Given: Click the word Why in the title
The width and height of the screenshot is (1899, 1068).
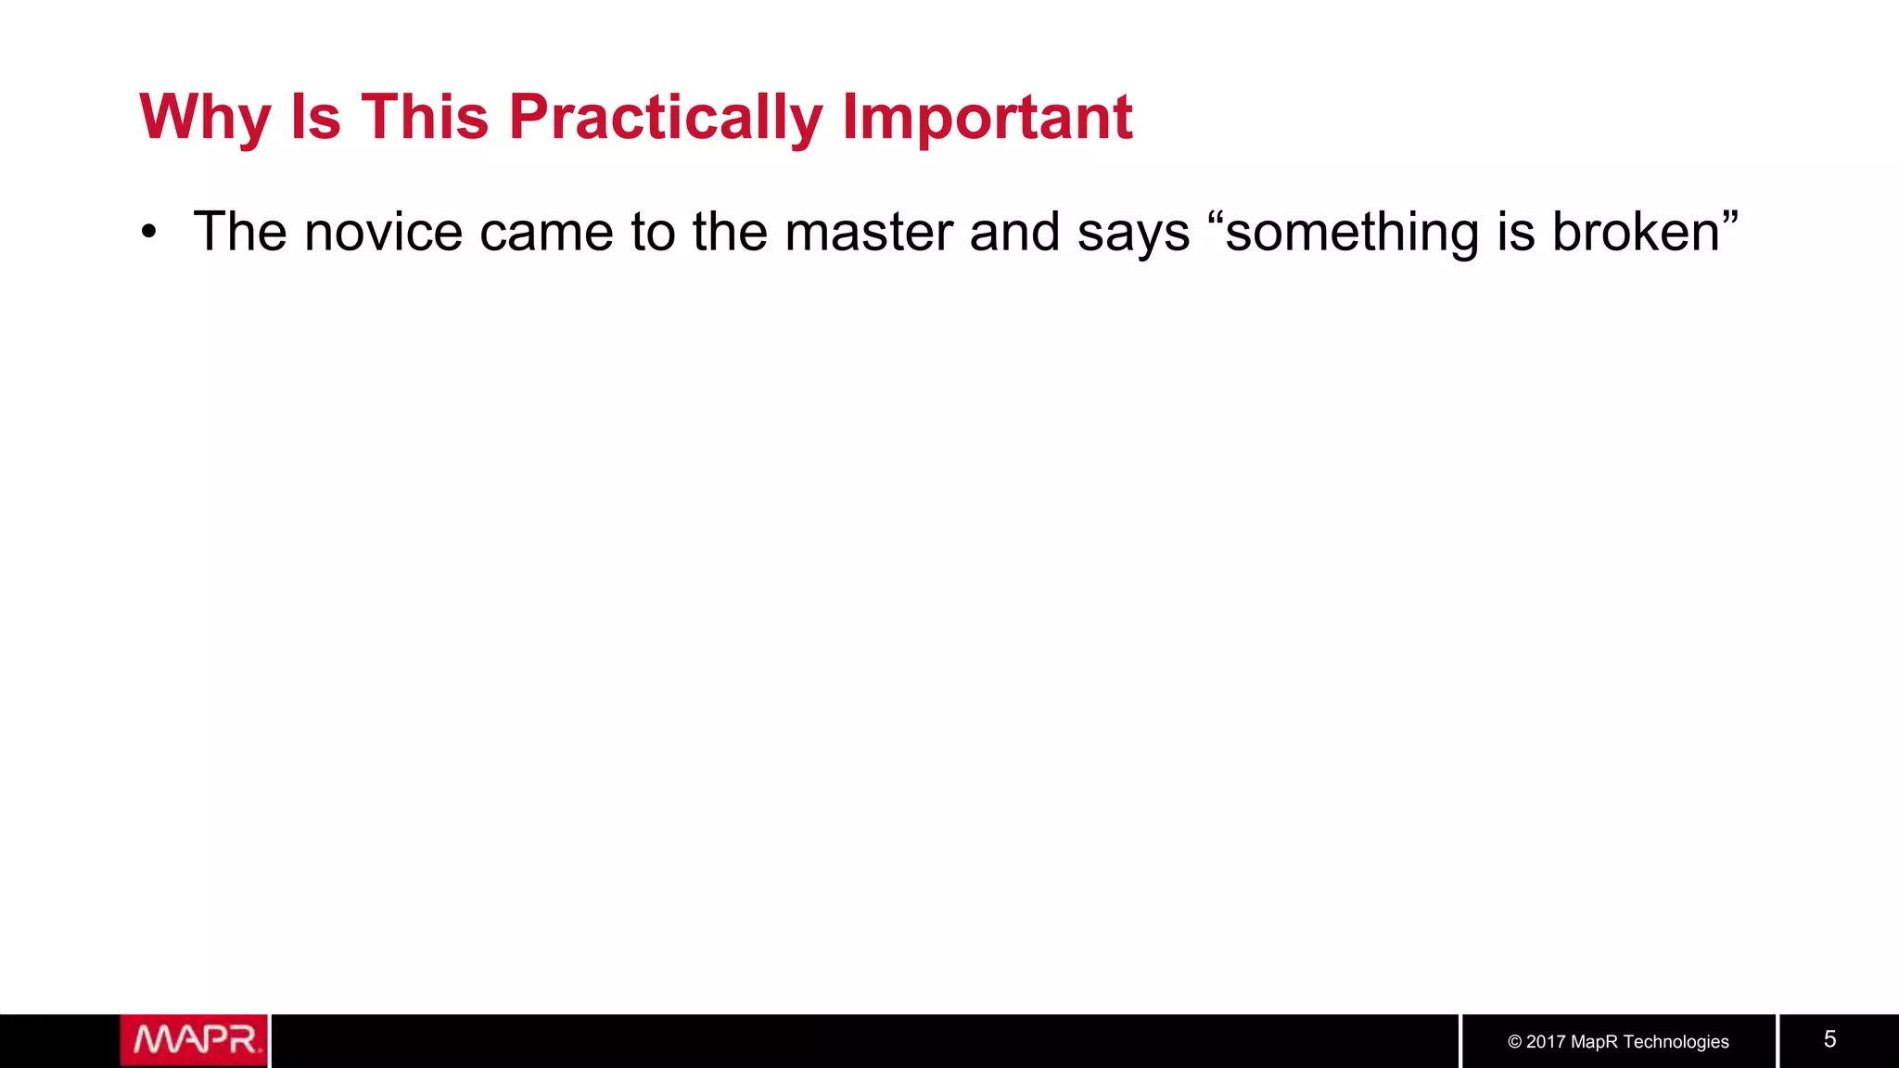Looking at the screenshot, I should click(205, 118).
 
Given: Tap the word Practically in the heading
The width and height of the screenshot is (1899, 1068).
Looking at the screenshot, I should click(665, 118).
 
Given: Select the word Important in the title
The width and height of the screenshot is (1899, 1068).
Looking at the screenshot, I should click(987, 118).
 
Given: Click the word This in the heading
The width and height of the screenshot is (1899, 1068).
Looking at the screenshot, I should click(425, 118).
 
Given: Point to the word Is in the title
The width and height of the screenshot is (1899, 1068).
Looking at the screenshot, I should click(315, 118).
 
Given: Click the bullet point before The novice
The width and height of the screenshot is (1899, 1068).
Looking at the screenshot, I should click(149, 232).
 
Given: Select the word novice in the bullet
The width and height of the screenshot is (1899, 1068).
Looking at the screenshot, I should click(383, 232).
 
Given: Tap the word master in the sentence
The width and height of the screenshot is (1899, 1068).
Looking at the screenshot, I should click(868, 232).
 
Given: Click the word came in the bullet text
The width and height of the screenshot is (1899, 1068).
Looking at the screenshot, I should click(546, 232).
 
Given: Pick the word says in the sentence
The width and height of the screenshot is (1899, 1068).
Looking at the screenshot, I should click(1133, 232).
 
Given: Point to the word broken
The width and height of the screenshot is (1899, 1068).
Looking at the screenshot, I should click(1636, 232).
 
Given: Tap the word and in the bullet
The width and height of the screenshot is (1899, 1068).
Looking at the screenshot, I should click(1014, 232).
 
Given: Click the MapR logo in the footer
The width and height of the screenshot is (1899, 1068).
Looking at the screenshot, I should click(194, 1040).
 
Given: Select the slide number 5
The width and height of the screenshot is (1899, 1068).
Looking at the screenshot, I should click(1829, 1039).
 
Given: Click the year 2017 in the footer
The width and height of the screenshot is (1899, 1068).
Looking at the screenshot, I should click(1546, 1042).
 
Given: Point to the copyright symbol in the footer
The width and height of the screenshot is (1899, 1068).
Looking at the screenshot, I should click(1515, 1042).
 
